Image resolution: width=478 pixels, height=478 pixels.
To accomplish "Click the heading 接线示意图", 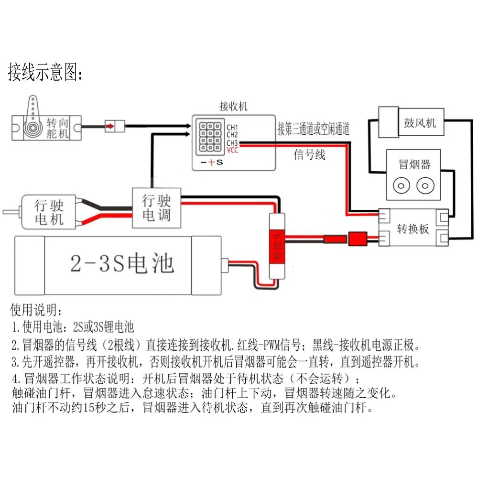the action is pos(45,72).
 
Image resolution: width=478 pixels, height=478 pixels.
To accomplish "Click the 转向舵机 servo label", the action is pos(57,128).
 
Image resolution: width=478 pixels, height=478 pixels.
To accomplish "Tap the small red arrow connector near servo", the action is pos(109,126).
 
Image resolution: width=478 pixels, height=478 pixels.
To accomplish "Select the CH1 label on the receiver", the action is pos(232,127).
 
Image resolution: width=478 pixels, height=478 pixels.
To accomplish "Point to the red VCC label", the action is pos(232,150).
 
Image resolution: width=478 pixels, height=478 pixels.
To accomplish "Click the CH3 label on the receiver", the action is pos(232,142).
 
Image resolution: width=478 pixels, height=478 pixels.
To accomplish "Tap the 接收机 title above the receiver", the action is pos(234,106).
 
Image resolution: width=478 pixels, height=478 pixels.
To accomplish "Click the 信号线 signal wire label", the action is pos(309,154).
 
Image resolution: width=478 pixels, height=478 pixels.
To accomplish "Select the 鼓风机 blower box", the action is pos(411,122).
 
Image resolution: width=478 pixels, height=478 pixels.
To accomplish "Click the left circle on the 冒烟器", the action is pos(401,185).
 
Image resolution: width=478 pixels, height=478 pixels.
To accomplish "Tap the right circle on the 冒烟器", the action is pos(425,185).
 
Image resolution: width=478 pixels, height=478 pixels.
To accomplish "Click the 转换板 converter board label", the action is pos(413,228).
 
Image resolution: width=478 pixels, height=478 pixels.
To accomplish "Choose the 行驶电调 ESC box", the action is pos(156,208).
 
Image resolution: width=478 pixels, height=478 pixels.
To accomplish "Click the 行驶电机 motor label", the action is pos(49,212).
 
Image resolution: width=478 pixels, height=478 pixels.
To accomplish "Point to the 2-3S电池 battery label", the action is pos(122,263).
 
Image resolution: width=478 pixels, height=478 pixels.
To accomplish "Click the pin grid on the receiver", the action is pos(210,137).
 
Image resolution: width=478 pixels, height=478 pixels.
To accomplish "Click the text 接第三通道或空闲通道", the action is pos(314,129).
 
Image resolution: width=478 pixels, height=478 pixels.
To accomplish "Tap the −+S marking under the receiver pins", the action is pos(212,162).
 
